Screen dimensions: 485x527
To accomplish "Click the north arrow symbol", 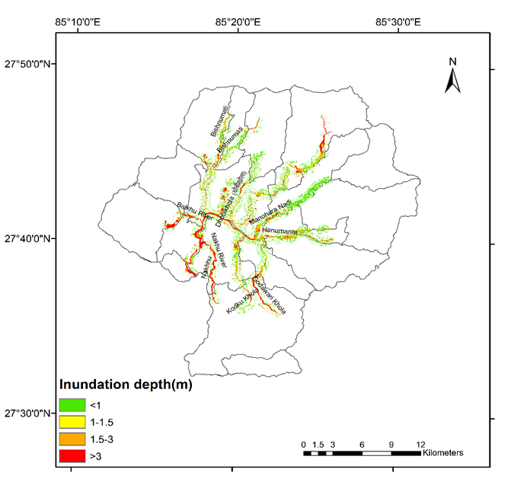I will coord(452,80).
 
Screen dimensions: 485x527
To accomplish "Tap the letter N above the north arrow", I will coord(452,62).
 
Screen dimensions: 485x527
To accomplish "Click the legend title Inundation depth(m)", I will coord(126,385).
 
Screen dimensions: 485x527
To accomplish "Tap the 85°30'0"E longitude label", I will coord(398,22).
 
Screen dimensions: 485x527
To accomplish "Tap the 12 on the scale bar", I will coord(421,444).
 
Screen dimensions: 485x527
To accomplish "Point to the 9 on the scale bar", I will coord(391,444).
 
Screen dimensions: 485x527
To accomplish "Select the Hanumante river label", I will coord(284,229).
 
